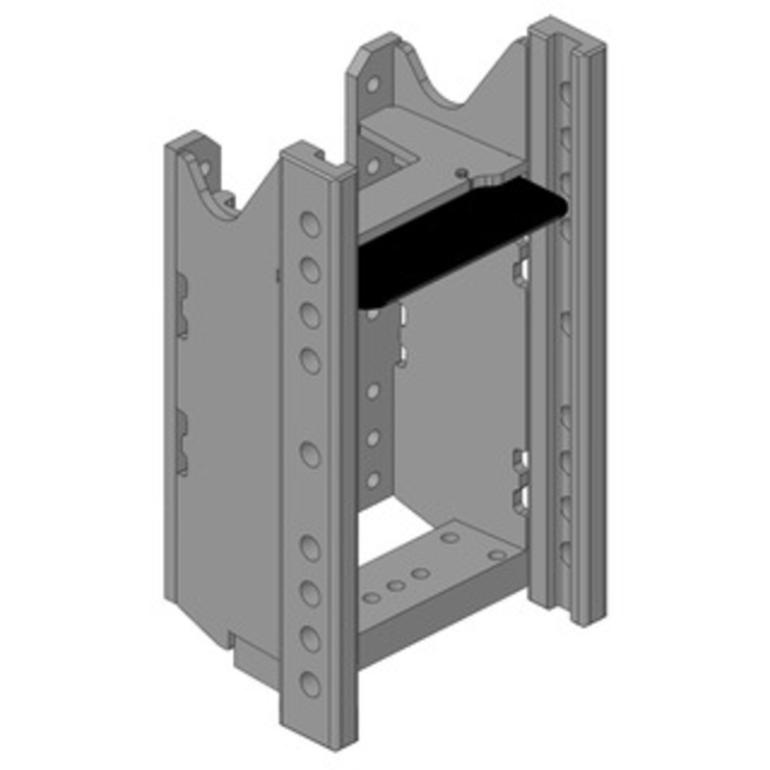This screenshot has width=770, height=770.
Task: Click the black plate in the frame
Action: pyautogui.click(x=452, y=241)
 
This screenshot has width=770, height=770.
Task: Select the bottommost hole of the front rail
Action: pyautogui.click(x=310, y=684)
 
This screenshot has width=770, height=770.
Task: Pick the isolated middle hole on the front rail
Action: pyautogui.click(x=310, y=453)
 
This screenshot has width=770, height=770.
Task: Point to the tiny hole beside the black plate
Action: pyautogui.click(x=463, y=173)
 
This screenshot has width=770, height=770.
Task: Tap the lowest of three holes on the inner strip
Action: pyautogui.click(x=372, y=478)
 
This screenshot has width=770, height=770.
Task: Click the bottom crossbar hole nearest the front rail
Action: pyautogui.click(x=372, y=598)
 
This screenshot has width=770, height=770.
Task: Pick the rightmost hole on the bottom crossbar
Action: pyautogui.click(x=497, y=555)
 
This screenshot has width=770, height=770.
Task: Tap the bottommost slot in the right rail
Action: pyautogui.click(x=565, y=553)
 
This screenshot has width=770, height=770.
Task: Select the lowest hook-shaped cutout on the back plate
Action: pyautogui.click(x=521, y=497)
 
